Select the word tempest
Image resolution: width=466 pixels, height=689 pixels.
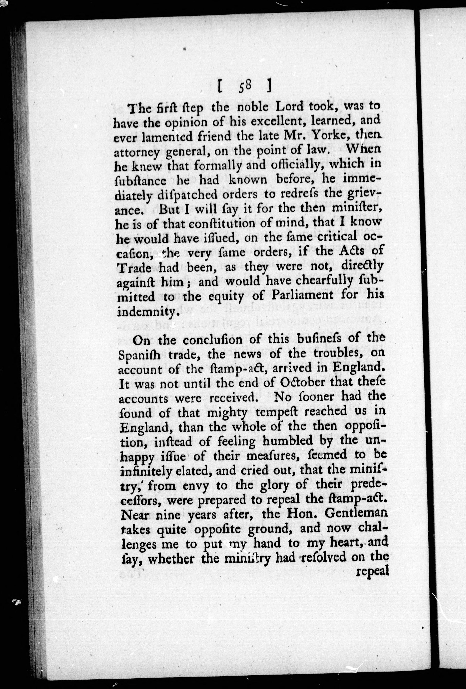click(262, 412)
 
